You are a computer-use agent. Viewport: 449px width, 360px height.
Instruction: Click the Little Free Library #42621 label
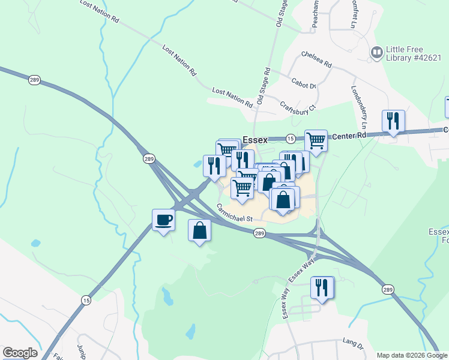(x=412, y=54)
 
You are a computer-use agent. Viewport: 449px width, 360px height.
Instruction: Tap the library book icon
(x=377, y=53)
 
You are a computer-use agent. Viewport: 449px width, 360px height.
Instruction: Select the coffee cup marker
(x=163, y=220)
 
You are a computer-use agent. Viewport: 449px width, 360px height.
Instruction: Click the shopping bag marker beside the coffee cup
(x=199, y=231)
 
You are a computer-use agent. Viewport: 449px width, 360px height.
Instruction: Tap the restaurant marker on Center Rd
(x=393, y=121)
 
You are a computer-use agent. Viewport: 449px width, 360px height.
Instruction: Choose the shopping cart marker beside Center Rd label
(x=316, y=142)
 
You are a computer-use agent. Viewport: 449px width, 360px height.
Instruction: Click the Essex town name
(x=255, y=140)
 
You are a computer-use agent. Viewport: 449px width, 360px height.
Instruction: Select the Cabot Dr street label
(x=303, y=84)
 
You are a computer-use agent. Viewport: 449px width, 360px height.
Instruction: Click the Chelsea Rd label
(x=316, y=59)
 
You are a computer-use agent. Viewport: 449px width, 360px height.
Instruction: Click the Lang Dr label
(x=353, y=343)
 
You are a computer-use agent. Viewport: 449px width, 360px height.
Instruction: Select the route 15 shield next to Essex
(x=290, y=138)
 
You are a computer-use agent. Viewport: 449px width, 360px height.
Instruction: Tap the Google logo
(x=20, y=353)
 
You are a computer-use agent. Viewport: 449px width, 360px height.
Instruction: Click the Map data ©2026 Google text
(x=412, y=355)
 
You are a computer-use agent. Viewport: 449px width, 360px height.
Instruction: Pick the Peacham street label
(x=314, y=13)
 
